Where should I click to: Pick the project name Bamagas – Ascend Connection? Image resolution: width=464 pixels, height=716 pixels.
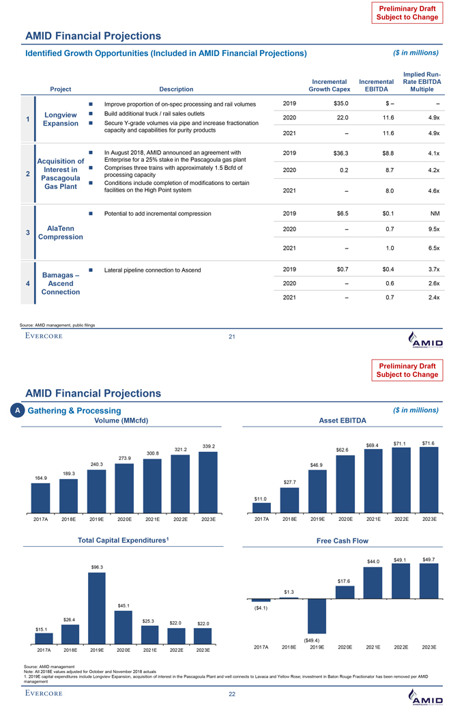point(62,283)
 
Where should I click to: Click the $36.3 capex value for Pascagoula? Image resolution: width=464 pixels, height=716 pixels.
point(338,153)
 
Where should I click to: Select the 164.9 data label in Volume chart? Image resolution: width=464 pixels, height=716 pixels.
point(41,478)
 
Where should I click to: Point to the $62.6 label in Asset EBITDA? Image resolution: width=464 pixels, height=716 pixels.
point(343,450)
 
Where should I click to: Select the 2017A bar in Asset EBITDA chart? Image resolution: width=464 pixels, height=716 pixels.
point(261,507)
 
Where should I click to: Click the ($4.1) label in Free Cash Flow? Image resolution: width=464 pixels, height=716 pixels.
point(261,608)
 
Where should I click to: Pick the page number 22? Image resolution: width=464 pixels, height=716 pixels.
point(232,695)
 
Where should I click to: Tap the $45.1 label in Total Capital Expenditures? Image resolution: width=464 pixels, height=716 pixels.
point(124,605)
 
